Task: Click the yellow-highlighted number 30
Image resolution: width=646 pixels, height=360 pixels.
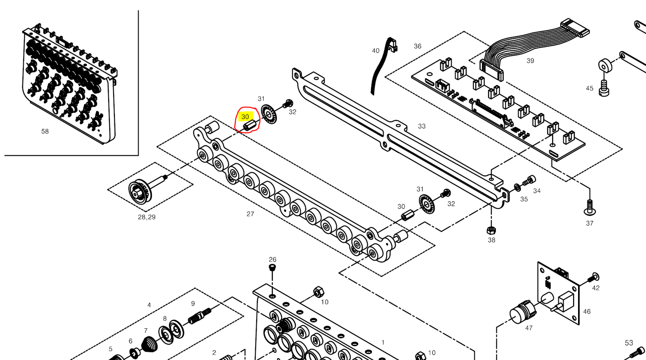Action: (x=245, y=117)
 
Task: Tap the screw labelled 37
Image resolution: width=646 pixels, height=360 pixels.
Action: (x=589, y=207)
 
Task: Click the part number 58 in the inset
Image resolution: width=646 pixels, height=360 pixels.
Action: (x=45, y=131)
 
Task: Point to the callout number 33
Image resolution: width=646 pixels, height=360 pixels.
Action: (x=422, y=126)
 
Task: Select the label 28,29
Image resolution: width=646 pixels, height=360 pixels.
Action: (x=147, y=217)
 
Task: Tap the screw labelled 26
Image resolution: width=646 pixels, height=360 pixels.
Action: (x=272, y=268)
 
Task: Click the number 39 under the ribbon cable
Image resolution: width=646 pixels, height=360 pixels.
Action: (x=530, y=60)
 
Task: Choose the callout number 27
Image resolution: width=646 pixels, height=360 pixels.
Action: (x=250, y=214)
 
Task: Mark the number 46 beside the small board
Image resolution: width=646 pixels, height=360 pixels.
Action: (x=587, y=311)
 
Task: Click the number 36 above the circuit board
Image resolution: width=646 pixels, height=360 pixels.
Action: (x=418, y=46)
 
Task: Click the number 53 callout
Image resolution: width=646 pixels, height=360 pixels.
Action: (x=629, y=343)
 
